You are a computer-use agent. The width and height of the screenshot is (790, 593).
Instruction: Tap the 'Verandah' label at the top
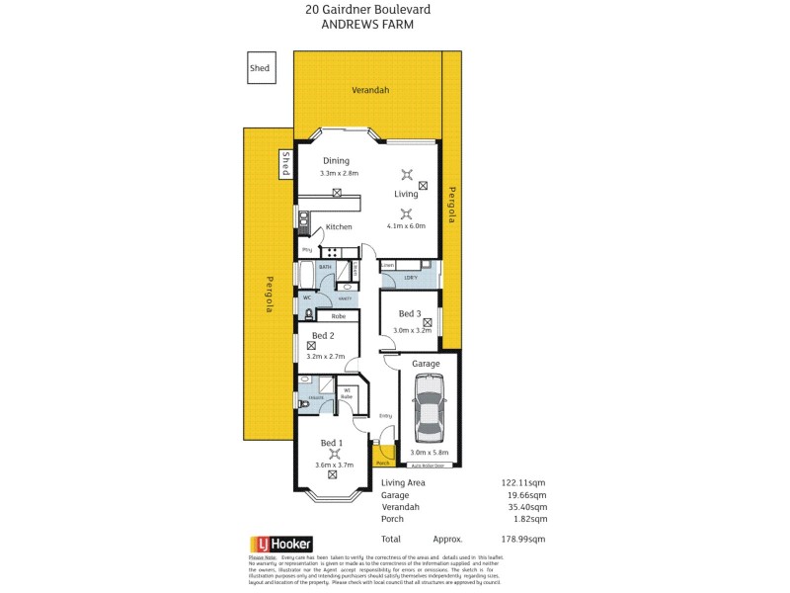coord(370,90)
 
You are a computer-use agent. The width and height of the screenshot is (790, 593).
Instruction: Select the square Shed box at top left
coord(260,68)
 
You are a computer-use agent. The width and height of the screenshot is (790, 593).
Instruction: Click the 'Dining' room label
coord(336,160)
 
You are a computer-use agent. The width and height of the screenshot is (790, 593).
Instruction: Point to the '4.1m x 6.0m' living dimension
coord(405,225)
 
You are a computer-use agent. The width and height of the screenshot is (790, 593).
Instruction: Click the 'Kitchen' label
coord(339,227)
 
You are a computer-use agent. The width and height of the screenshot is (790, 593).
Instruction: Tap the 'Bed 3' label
coord(410,315)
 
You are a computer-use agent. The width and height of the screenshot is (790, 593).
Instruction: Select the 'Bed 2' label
coord(323,335)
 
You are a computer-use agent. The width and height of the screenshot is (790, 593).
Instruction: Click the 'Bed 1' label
coord(333,443)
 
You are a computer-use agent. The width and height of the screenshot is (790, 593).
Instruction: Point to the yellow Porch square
coord(384,456)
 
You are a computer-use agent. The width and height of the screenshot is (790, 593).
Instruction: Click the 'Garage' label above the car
coord(427,364)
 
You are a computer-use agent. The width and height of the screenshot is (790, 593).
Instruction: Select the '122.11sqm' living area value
coord(522,482)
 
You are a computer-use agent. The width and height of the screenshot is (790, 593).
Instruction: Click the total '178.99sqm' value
coord(522,539)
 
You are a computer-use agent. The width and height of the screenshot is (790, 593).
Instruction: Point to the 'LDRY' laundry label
coord(410,278)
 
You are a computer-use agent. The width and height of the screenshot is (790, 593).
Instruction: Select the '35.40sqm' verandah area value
coord(525,506)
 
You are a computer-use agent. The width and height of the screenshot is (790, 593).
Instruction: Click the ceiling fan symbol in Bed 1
coord(334,454)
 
